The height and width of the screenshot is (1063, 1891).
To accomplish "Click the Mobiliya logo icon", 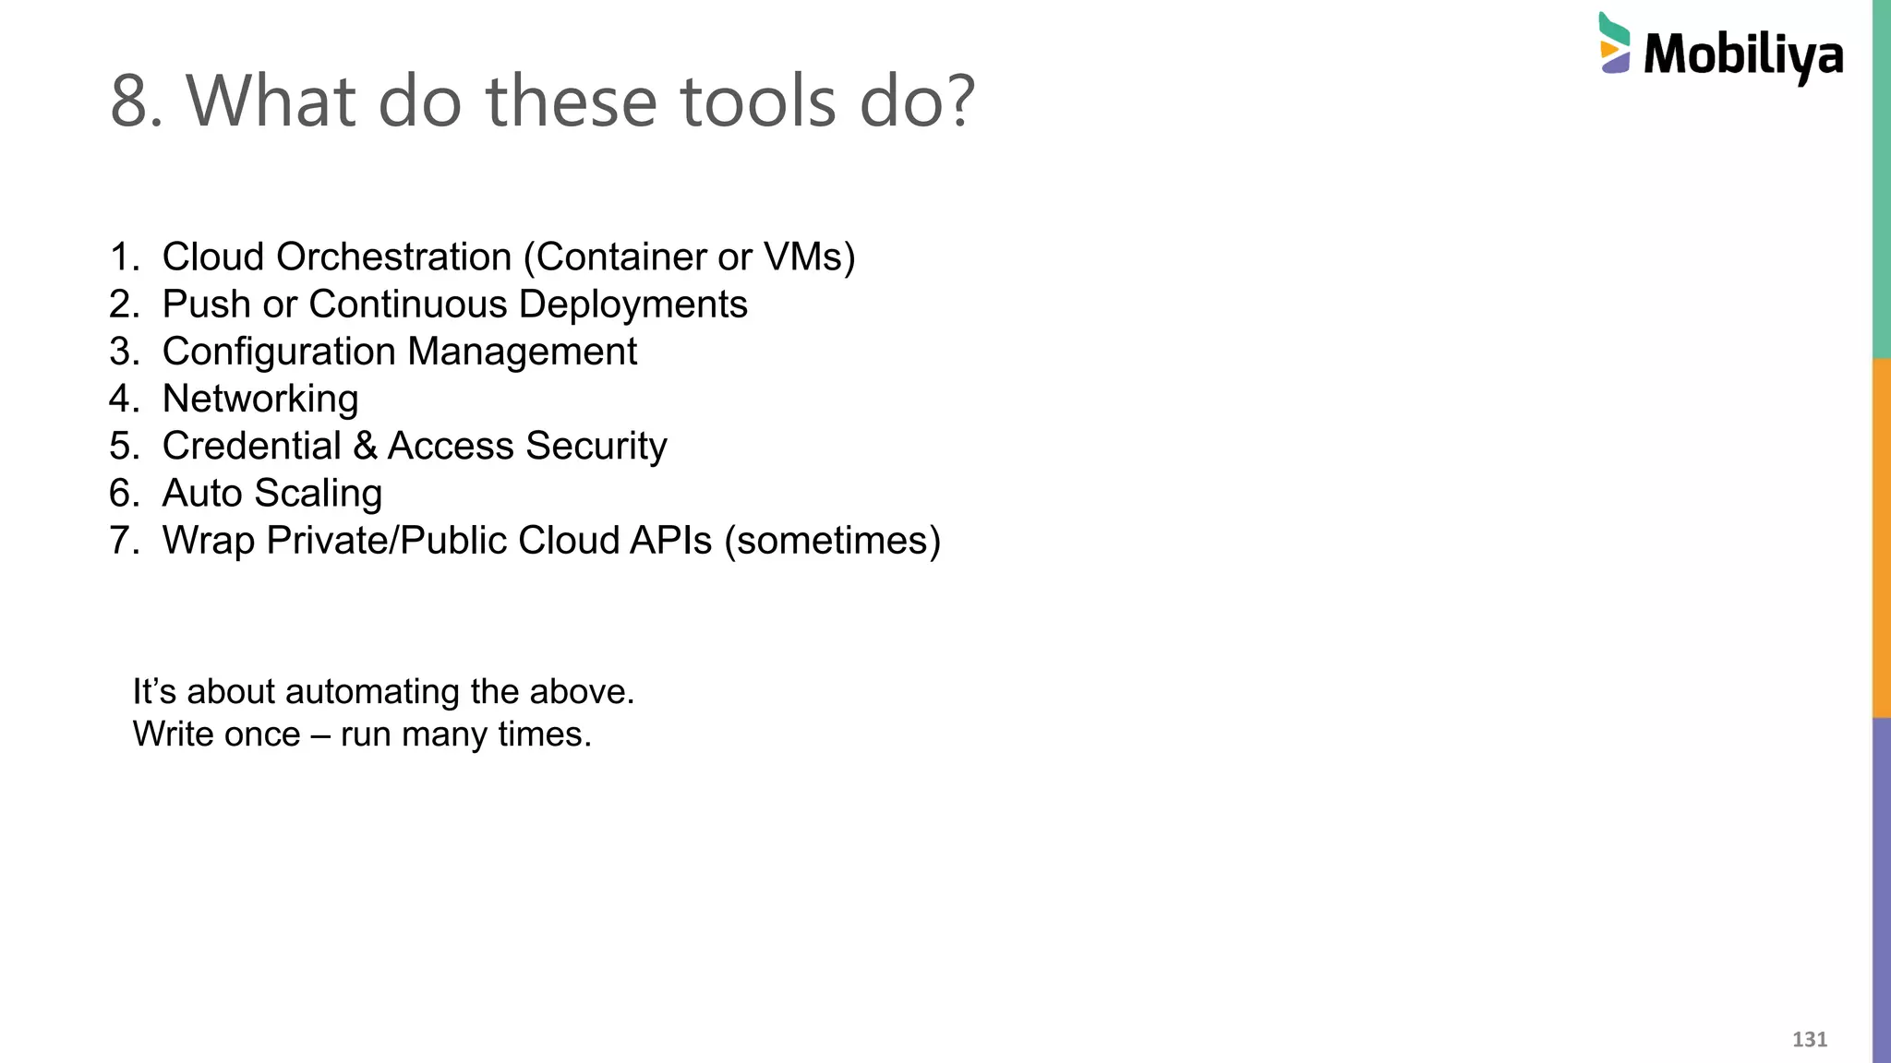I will click(1615, 43).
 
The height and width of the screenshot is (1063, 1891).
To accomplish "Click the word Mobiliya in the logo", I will click(1743, 54).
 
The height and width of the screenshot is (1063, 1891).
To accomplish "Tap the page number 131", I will click(1809, 1039).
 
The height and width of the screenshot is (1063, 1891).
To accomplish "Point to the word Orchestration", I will click(394, 257).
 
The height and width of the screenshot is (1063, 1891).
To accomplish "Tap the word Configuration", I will click(279, 352).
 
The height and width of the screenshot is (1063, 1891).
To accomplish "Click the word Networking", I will click(260, 400).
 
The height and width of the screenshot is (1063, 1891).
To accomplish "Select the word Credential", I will click(251, 446).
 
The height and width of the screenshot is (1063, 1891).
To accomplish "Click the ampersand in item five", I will click(365, 446).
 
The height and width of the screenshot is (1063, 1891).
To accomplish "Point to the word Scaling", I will click(318, 494).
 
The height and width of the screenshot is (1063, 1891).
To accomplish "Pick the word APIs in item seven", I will click(670, 541).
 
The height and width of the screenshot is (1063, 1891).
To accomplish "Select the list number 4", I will click(122, 399).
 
